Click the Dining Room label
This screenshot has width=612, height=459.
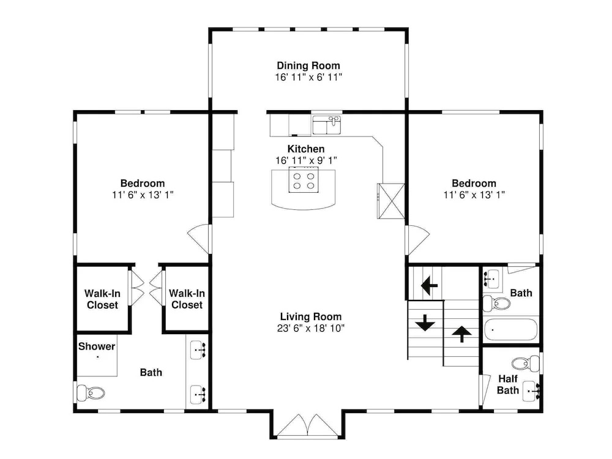pyautogui.click(x=308, y=65)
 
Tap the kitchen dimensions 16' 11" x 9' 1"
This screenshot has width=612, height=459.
pyautogui.click(x=307, y=160)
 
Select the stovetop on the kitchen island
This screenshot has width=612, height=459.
pyautogui.click(x=304, y=179)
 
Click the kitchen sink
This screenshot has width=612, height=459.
pyautogui.click(x=327, y=125)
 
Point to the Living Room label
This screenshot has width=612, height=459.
pyautogui.click(x=311, y=316)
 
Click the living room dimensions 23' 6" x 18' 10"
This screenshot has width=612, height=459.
pyautogui.click(x=311, y=328)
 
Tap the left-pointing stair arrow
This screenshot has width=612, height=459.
pyautogui.click(x=429, y=286)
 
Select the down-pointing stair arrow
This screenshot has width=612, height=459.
pyautogui.click(x=425, y=323)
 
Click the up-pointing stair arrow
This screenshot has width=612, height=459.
pyautogui.click(x=461, y=334)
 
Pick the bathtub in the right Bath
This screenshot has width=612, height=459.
pyautogui.click(x=511, y=330)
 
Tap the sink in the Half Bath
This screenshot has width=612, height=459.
pyautogui.click(x=531, y=390)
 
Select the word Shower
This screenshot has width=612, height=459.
pyautogui.click(x=97, y=346)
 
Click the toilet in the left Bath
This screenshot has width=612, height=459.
pyautogui.click(x=91, y=393)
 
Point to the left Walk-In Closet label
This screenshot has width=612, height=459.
pyautogui.click(x=102, y=299)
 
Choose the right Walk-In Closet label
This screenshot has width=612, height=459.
pyautogui.click(x=187, y=299)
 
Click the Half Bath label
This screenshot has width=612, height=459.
pyautogui.click(x=508, y=384)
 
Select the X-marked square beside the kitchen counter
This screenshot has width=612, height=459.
pyautogui.click(x=390, y=201)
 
